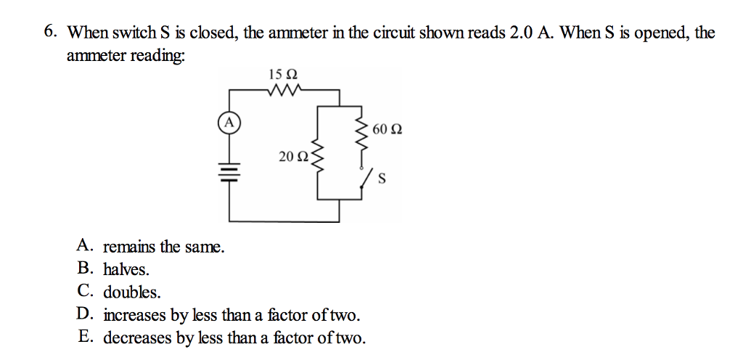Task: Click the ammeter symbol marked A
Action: pyautogui.click(x=229, y=122)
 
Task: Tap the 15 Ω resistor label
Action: pyautogui.click(x=283, y=74)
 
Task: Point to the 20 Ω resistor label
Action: pyautogui.click(x=293, y=156)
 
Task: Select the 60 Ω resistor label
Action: pyautogui.click(x=387, y=130)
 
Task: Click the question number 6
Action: pyautogui.click(x=49, y=32)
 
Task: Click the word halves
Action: pyautogui.click(x=126, y=269)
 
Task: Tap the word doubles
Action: pyautogui.click(x=132, y=292)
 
